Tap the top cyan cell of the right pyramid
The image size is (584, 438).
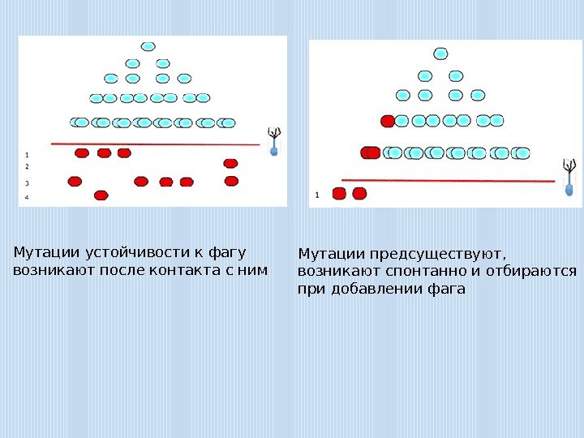pos(440,54)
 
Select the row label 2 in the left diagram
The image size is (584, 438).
pos(27,165)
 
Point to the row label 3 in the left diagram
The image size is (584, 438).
pos(27,183)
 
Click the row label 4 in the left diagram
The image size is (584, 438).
pos(27,197)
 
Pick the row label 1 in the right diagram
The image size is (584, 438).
pos(316,195)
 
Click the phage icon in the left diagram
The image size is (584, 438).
pos(273,140)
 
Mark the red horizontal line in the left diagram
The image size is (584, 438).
pos(154,144)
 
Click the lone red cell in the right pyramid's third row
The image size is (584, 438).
pos(388,121)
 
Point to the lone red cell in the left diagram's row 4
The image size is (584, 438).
pos(101,195)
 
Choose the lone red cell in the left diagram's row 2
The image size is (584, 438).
pos(230,164)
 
